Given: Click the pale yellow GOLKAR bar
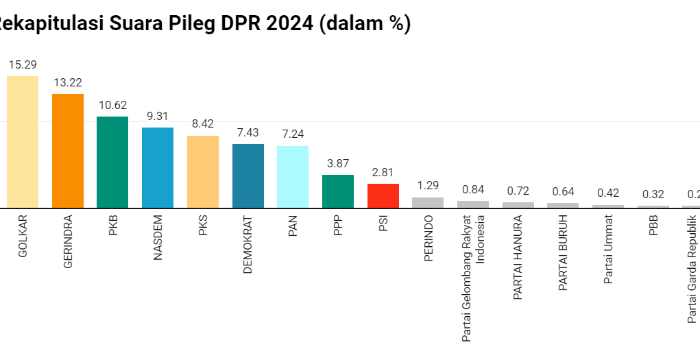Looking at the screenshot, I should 23,142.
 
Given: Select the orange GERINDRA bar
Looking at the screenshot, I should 68,151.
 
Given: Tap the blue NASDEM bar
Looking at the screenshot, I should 158,167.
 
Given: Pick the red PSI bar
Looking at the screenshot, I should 383,195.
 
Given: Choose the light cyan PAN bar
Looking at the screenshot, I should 293,177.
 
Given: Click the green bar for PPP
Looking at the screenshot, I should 338,191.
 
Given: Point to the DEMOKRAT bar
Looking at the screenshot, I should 248,176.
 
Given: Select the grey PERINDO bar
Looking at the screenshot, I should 428,202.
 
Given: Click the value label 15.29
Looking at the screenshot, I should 23,65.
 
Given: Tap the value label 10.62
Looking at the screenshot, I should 112,106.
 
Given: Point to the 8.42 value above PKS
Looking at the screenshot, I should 203,125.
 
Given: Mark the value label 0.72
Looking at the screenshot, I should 518,191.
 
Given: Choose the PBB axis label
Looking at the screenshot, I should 653,227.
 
